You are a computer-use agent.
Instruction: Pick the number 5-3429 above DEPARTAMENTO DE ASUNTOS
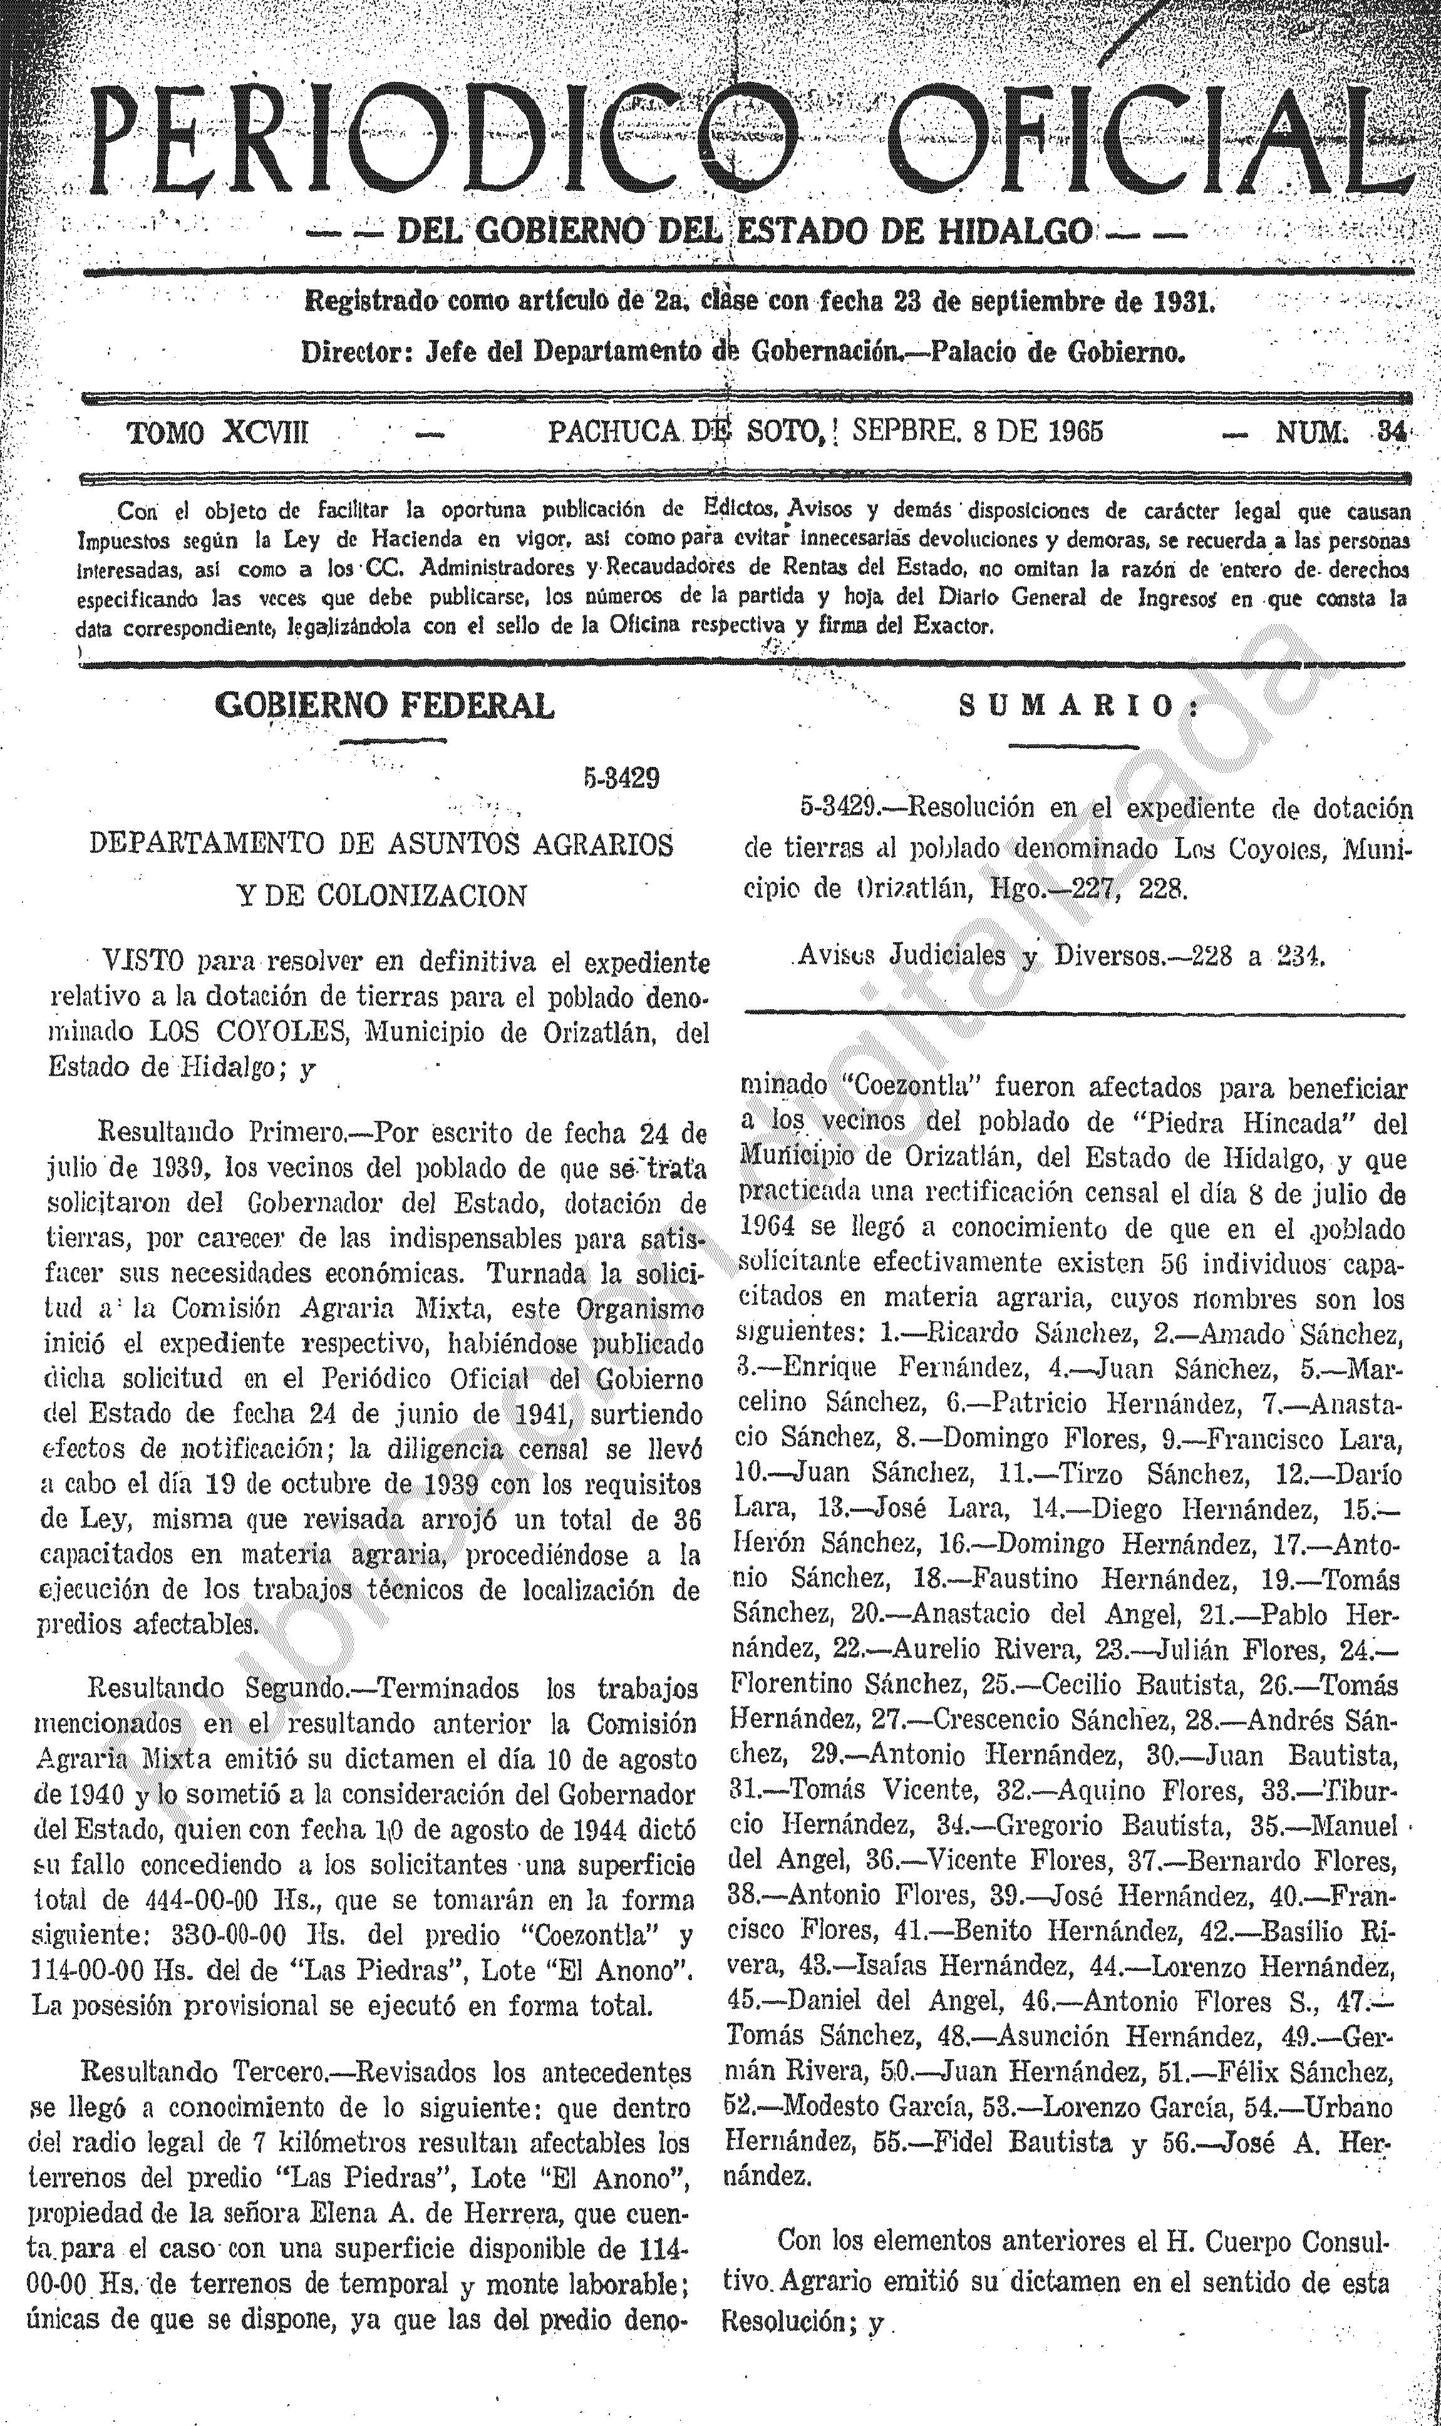coord(621,779)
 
